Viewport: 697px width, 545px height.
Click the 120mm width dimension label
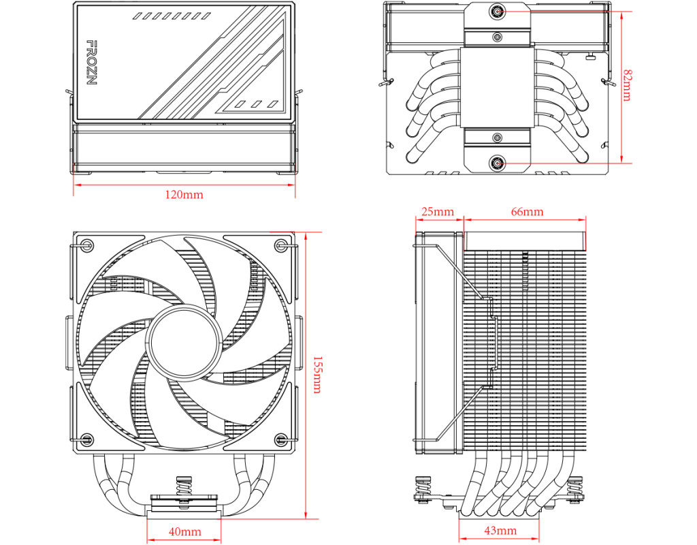tap(184, 194)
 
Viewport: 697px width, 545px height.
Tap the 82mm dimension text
tap(627, 85)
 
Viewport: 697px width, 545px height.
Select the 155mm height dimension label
tap(317, 375)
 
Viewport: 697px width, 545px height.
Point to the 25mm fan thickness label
tap(438, 211)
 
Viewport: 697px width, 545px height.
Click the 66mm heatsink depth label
tap(528, 211)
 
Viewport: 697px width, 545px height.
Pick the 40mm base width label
tap(184, 531)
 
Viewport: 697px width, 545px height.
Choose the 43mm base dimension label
tap(500, 531)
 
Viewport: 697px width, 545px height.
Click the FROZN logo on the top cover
tap(91, 63)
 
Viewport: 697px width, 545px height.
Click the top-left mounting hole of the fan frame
tap(88, 245)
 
